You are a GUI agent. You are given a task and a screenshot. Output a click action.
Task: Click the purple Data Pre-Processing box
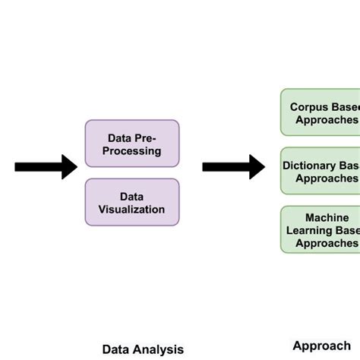coord(132,144)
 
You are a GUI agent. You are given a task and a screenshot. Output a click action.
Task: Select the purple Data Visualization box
coord(132,202)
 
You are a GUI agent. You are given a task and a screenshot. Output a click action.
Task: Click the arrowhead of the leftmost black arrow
coord(69,166)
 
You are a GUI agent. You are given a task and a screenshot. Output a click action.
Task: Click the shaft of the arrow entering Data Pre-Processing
coord(38,166)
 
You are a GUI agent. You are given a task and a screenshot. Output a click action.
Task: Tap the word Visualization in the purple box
coord(132,209)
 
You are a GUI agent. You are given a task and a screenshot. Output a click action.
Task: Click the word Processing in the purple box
coord(132,150)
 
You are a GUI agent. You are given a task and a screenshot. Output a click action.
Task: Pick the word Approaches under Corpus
coord(327,119)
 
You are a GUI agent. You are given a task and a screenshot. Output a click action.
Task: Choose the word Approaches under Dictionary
coord(327,178)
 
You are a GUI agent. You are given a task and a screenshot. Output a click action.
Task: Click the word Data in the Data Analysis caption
coord(115,349)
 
